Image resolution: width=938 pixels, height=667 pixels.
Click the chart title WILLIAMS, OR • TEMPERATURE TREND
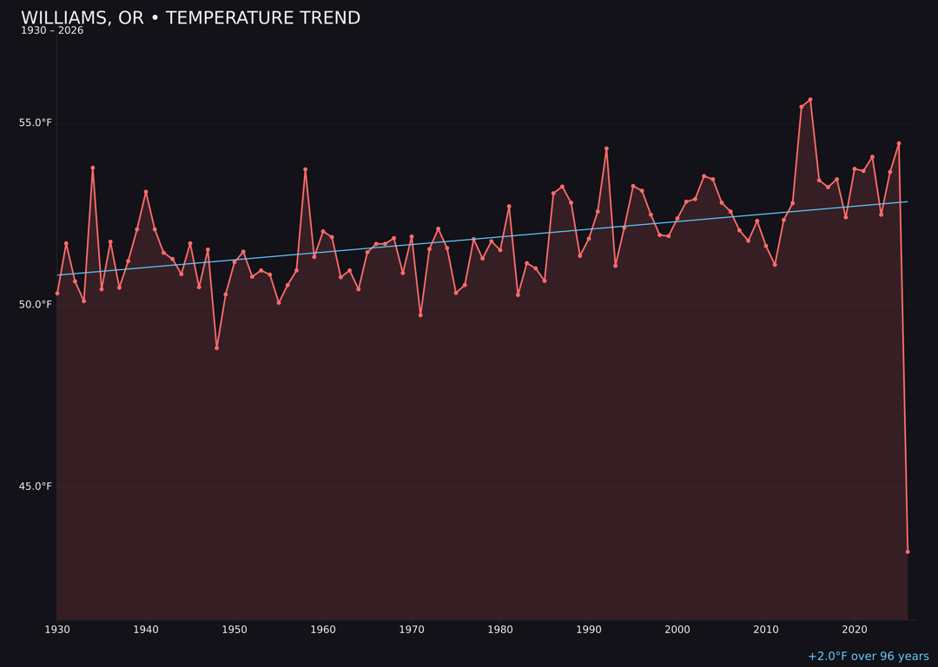coord(190,18)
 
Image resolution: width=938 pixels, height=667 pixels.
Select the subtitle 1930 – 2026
coord(52,31)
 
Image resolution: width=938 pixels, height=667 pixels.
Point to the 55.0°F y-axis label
coord(36,122)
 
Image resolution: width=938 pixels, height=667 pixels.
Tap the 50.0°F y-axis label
coord(36,304)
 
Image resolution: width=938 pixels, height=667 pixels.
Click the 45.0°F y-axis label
coord(36,485)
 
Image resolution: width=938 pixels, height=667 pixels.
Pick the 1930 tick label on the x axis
coord(57,629)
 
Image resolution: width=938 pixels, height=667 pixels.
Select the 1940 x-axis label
coord(146,629)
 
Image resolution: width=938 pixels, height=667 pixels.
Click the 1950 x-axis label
coord(234,629)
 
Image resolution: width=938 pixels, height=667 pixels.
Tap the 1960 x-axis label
coord(323,629)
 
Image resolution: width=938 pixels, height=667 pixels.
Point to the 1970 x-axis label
coord(412,629)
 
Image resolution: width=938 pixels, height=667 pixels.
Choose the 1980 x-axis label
coord(500,629)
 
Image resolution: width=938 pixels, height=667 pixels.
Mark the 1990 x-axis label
coord(589,629)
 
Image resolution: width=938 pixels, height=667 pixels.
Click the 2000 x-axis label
coord(677,629)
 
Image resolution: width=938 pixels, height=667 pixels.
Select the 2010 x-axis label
coord(766,629)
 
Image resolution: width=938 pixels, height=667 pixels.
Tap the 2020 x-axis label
coord(855,629)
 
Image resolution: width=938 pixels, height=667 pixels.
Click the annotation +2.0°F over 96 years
coord(868,657)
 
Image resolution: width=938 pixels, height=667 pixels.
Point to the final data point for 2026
coord(908,551)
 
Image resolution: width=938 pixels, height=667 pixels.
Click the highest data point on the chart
coord(810,100)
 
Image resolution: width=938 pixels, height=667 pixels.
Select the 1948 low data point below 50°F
coord(216,347)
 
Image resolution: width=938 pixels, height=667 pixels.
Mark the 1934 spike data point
coord(93,168)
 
